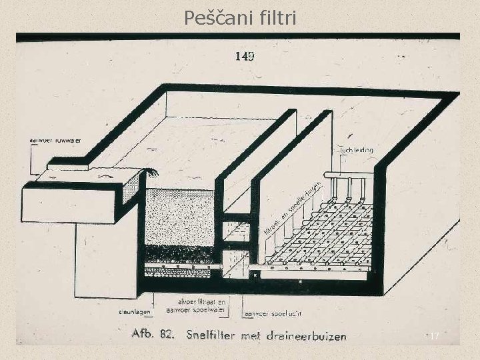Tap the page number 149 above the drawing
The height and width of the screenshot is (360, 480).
coord(244,56)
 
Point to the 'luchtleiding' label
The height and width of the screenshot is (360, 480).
coord(356,151)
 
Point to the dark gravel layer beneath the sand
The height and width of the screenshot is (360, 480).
coord(179,254)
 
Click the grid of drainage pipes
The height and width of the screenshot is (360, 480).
coord(320,233)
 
